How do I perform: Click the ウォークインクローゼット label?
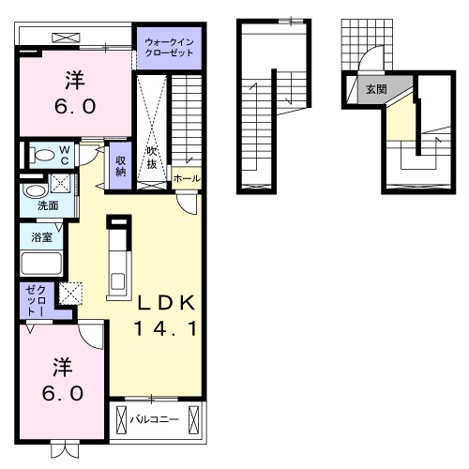click(169, 47)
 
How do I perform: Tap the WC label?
click(65, 156)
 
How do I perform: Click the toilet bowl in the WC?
click(43, 156)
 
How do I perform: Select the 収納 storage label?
click(120, 166)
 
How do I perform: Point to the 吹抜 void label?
click(152, 158)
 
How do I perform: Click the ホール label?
click(187, 179)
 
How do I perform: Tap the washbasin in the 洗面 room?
click(36, 190)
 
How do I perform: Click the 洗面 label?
click(48, 205)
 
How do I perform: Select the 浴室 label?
click(41, 237)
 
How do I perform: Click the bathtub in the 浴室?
click(41, 264)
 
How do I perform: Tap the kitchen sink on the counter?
click(118, 281)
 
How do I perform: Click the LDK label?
click(167, 303)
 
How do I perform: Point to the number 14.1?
click(166, 328)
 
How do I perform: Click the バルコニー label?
click(154, 419)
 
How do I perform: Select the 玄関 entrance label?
click(376, 89)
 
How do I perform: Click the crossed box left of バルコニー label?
click(121, 419)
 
